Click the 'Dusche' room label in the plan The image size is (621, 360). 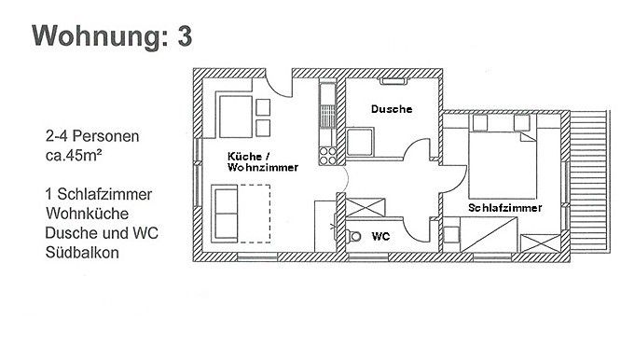[x=391, y=109]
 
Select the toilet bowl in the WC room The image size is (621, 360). [x=352, y=236]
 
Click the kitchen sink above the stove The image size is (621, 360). [x=326, y=96]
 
